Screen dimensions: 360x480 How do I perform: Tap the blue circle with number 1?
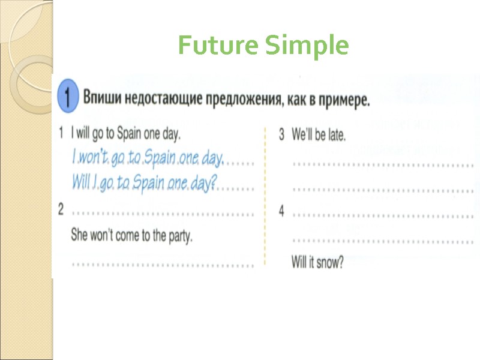(x=68, y=96)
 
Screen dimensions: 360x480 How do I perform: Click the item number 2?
(x=61, y=209)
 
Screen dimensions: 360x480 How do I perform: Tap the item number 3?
(x=281, y=134)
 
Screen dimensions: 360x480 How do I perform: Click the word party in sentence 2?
(x=179, y=236)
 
